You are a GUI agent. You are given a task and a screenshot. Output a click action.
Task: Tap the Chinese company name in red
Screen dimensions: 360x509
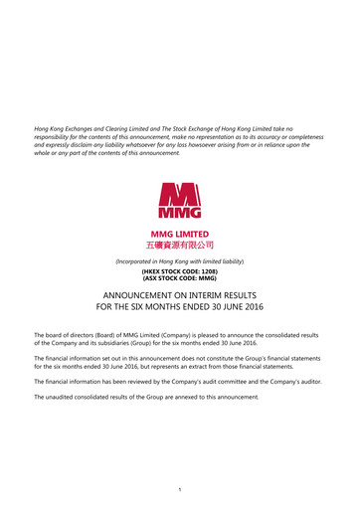point(180,244)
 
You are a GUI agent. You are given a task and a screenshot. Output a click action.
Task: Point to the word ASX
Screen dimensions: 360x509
point(151,278)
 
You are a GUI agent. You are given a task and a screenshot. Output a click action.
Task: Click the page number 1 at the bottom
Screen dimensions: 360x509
point(180,487)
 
